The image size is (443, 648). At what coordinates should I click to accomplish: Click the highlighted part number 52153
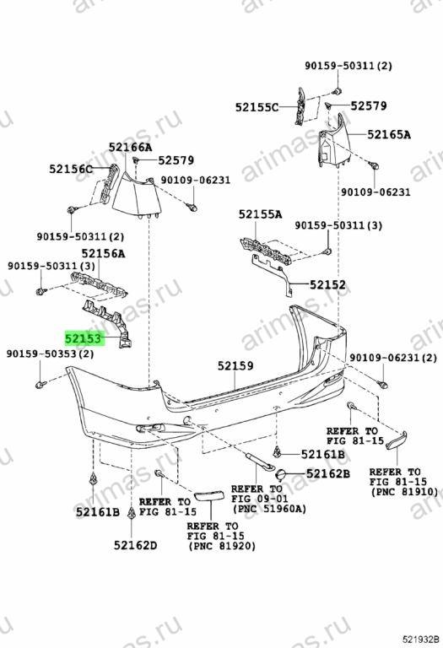tap(83, 339)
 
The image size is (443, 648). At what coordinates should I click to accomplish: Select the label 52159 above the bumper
tap(235, 365)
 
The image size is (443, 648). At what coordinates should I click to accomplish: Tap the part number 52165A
tap(389, 134)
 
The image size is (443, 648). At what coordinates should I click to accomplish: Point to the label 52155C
tap(257, 107)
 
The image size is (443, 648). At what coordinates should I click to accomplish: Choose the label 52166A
tap(131, 147)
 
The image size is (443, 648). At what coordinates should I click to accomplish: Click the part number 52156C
tap(71, 169)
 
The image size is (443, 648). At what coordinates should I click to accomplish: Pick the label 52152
tap(327, 284)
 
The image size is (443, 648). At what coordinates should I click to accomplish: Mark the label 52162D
tap(136, 546)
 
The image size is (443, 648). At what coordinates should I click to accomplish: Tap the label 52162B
tap(328, 473)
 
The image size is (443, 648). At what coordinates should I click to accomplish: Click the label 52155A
tap(261, 214)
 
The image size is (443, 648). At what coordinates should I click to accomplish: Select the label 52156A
tap(103, 253)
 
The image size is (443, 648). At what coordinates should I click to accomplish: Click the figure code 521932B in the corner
tap(422, 640)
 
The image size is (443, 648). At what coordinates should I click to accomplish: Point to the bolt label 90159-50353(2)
tap(50, 354)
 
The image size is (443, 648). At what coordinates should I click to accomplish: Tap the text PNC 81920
tap(222, 546)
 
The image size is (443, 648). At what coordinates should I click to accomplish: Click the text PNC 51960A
tap(269, 509)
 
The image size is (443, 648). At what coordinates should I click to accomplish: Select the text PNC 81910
tap(404, 492)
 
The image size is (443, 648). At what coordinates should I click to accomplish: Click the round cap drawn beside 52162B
tap(281, 474)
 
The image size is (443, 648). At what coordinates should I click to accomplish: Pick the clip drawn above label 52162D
tap(132, 513)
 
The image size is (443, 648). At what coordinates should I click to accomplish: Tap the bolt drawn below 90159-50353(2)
tap(40, 386)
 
